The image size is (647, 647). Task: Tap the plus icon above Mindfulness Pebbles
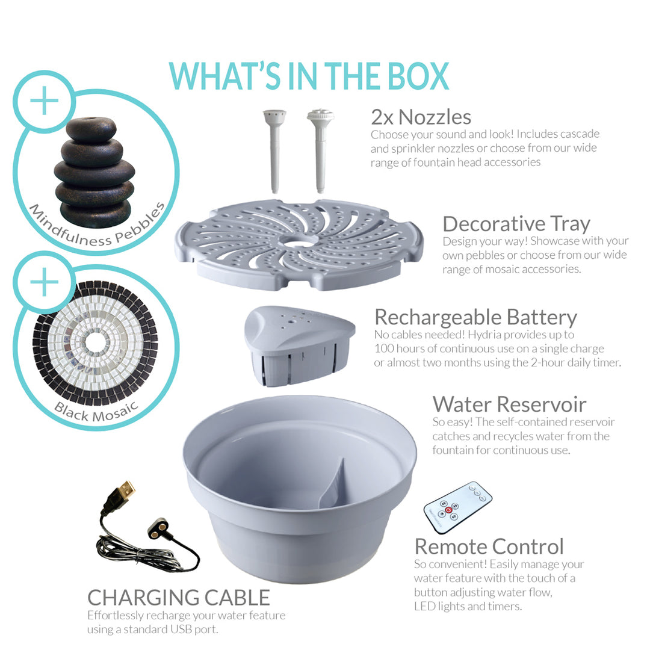click(44, 102)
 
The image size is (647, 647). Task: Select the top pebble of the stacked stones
click(91, 129)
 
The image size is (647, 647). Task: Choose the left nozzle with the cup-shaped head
click(269, 150)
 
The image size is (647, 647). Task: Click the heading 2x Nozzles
click(421, 116)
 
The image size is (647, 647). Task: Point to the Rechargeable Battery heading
click(475, 317)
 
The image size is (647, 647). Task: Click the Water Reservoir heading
click(509, 404)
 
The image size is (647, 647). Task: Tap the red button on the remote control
click(449, 509)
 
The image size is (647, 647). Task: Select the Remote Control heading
click(489, 546)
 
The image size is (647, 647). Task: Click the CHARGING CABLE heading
click(179, 597)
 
